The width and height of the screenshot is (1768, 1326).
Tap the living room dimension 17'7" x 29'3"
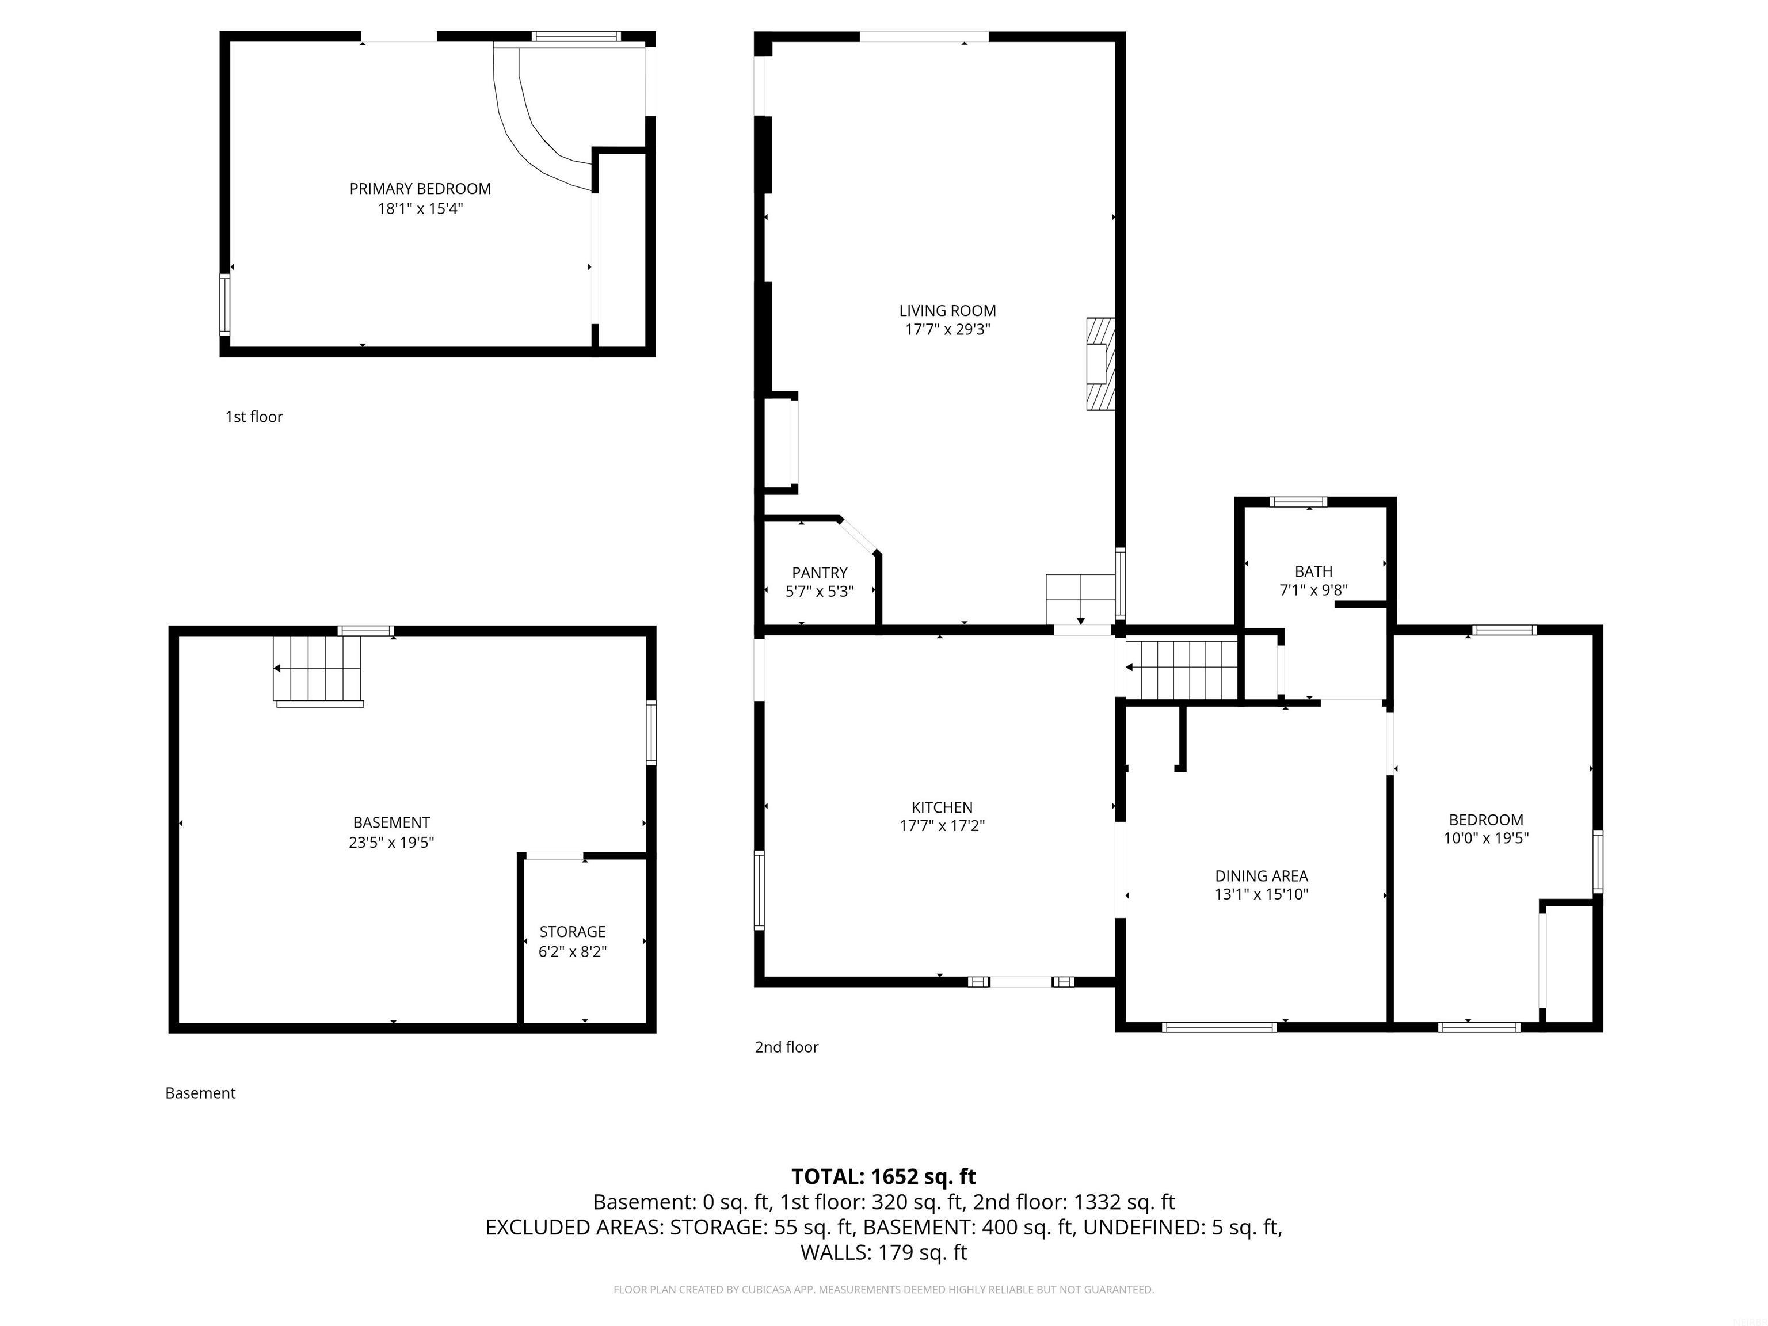click(x=947, y=329)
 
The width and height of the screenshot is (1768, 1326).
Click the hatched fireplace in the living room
click(x=1099, y=364)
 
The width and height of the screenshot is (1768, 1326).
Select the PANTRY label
click(x=820, y=572)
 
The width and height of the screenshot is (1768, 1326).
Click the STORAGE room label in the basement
click(x=572, y=931)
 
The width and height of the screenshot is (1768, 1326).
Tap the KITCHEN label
click(x=942, y=807)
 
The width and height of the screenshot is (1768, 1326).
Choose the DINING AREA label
click(x=1262, y=876)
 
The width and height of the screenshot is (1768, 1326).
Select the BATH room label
click(x=1313, y=571)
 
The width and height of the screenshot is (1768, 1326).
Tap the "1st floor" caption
click(x=254, y=417)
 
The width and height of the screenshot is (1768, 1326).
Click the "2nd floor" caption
click(x=787, y=1047)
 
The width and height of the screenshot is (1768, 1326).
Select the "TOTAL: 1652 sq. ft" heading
click(x=883, y=1176)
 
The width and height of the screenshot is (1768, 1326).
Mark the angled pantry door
click(x=859, y=534)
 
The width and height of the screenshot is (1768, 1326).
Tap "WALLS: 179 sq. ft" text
click(x=883, y=1252)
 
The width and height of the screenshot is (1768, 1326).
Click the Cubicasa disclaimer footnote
click(x=883, y=1289)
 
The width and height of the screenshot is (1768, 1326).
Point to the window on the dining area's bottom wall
click(x=1219, y=1027)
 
